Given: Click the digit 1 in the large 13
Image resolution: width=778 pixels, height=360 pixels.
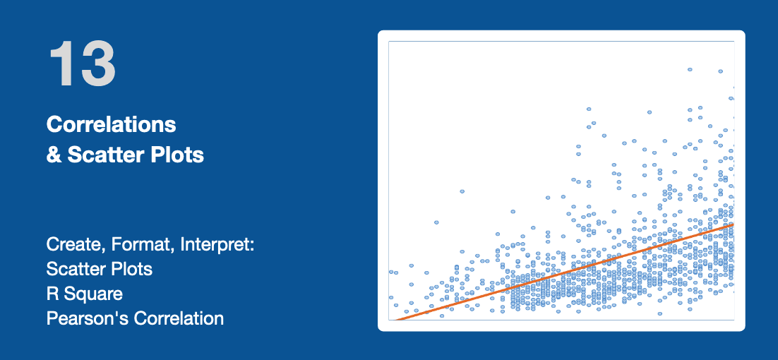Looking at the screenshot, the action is [x=61, y=64].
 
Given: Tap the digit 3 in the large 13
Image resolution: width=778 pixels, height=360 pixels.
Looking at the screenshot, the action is [x=99, y=64].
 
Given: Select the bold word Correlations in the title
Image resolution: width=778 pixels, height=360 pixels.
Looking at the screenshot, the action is [x=111, y=125].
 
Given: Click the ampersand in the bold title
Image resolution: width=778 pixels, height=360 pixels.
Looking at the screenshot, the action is [x=54, y=155].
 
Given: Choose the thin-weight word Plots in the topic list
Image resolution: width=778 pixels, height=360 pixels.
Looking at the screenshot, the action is [x=129, y=269].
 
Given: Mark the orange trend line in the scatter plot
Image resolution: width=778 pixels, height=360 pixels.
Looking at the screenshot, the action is [x=563, y=272].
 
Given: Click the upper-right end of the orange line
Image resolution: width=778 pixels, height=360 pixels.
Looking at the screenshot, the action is [x=734, y=224].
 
